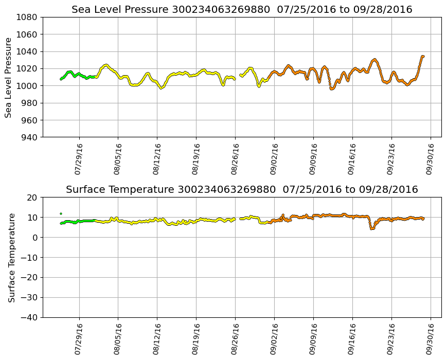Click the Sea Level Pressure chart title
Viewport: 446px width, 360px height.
(x=242, y=10)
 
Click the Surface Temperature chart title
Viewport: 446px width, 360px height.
(x=242, y=190)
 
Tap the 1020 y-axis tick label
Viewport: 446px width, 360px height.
(x=27, y=69)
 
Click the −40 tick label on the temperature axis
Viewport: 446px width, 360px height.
(x=29, y=318)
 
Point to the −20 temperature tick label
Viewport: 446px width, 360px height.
(x=29, y=278)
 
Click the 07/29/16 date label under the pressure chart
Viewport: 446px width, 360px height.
(x=79, y=159)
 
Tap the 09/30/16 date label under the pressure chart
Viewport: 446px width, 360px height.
(x=431, y=159)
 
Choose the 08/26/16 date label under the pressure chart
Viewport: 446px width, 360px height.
(x=235, y=159)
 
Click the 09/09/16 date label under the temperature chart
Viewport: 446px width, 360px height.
(x=313, y=339)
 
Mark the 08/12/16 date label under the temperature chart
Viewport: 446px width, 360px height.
(x=157, y=339)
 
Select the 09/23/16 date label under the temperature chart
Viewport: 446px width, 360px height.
(x=391, y=339)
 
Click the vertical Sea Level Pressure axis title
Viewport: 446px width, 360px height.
(x=9, y=77)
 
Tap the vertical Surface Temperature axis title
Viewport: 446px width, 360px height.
(x=11, y=257)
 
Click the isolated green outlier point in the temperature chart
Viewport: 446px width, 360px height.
(x=61, y=213)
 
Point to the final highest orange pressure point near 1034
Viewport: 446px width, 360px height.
(x=423, y=57)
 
